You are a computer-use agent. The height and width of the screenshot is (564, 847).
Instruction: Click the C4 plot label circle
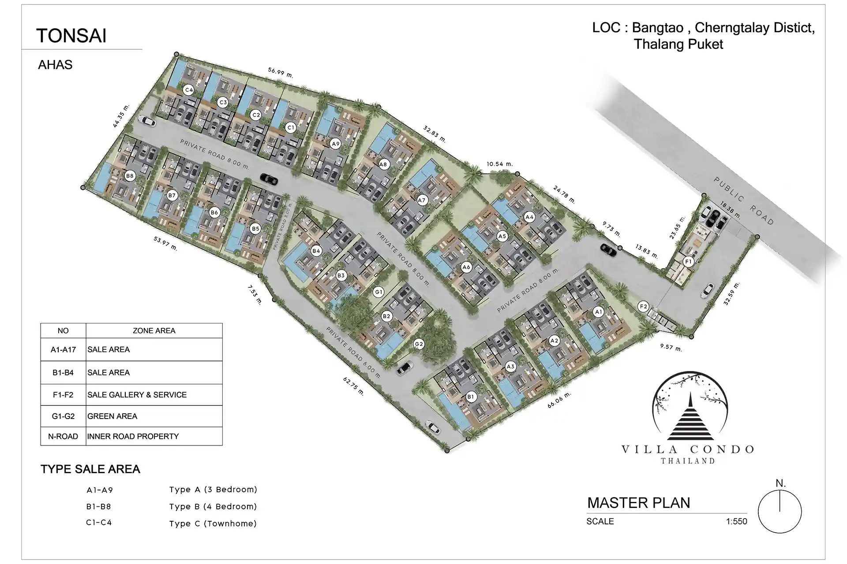click(189, 90)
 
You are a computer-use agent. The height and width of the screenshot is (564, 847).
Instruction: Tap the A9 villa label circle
click(336, 144)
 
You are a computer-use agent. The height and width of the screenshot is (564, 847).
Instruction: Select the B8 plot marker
click(129, 176)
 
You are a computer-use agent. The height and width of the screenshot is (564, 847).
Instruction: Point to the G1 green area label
click(378, 292)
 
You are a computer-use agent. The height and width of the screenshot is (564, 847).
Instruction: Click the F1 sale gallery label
click(688, 262)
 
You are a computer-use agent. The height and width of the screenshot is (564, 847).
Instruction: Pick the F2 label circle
click(643, 307)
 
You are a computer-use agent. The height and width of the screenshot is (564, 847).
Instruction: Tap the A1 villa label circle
click(598, 312)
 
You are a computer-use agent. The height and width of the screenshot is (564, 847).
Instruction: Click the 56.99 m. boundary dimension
click(281, 72)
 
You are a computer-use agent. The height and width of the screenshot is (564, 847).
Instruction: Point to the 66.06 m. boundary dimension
click(559, 400)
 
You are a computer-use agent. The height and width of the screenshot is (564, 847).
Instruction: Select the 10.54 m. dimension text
click(500, 164)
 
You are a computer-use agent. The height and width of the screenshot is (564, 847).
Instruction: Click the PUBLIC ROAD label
click(744, 201)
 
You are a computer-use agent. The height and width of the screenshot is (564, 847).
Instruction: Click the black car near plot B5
click(269, 179)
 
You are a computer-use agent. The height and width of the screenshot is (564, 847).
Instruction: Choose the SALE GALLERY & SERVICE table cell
click(137, 395)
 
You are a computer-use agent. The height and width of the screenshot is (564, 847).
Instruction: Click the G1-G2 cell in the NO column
click(63, 416)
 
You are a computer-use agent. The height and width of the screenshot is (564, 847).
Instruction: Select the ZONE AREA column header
click(154, 330)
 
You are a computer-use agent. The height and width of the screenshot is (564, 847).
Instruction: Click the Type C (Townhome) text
click(213, 523)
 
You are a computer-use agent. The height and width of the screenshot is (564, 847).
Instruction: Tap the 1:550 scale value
click(737, 522)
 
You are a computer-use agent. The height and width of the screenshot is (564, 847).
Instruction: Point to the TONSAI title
click(71, 36)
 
